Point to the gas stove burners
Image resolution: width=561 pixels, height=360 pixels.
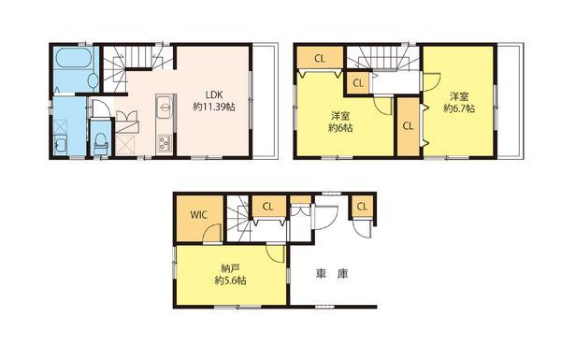tap(165, 143)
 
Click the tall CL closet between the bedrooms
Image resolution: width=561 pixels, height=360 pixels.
tap(408, 125)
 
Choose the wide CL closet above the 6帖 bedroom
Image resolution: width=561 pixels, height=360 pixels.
tap(320, 59)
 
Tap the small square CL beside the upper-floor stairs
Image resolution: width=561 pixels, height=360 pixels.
tap(359, 83)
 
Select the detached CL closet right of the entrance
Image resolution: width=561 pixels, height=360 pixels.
tap(361, 206)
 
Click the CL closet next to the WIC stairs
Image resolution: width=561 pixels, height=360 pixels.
tap(268, 206)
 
